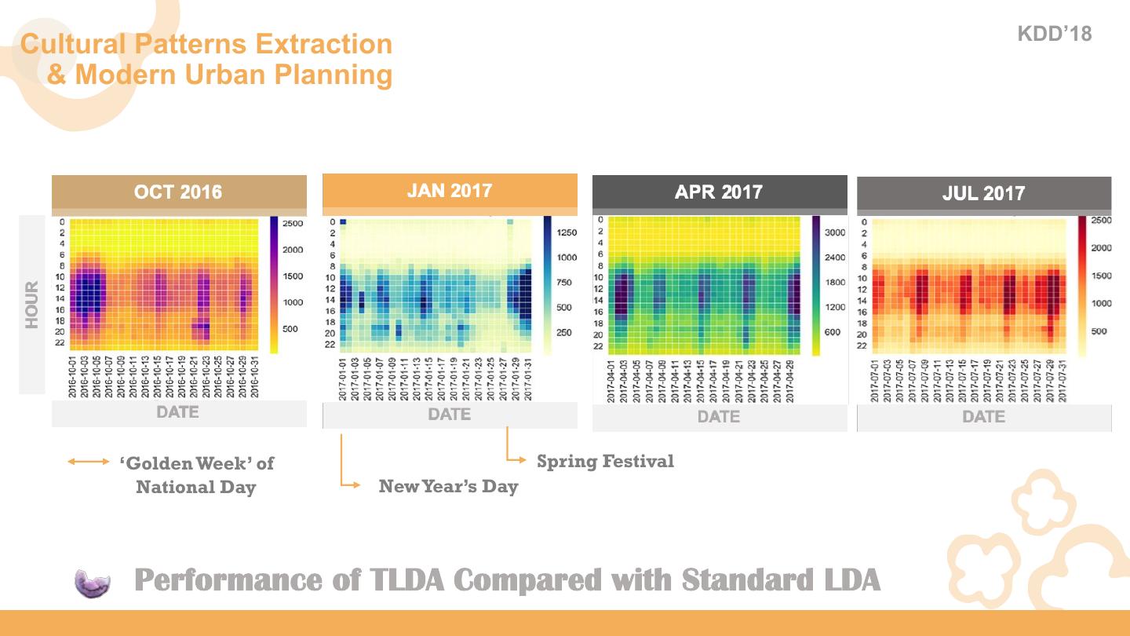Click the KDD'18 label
(x=1054, y=34)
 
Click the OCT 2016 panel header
(x=178, y=192)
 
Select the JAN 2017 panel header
(x=449, y=191)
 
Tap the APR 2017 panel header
(x=719, y=192)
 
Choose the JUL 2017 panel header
(x=983, y=194)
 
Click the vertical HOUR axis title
(x=32, y=305)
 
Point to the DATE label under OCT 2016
(x=178, y=412)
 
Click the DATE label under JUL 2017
(x=983, y=417)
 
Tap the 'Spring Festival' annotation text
(x=605, y=461)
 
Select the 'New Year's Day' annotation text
(x=448, y=486)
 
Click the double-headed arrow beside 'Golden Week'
(x=89, y=462)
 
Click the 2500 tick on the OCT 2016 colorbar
(x=292, y=224)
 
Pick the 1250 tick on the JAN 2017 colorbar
(x=566, y=232)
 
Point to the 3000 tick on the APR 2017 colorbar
(x=834, y=232)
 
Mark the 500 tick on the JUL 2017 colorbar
(x=1099, y=331)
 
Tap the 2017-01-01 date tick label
(x=342, y=379)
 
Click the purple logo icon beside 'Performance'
(x=93, y=583)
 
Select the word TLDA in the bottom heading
(x=406, y=580)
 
